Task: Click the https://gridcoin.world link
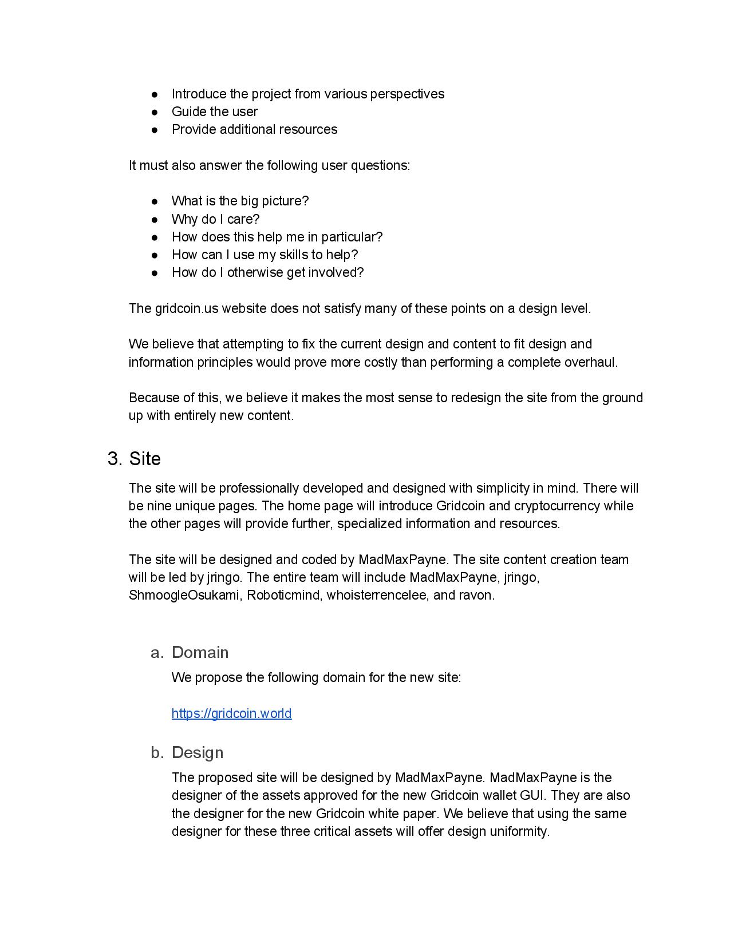coord(231,713)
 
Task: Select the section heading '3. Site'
coord(134,459)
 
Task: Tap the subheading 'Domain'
coord(200,652)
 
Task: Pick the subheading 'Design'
coord(197,752)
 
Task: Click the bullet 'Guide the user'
coord(214,112)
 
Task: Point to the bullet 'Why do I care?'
coord(215,219)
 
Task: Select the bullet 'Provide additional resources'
coord(254,129)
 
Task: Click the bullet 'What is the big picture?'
coord(240,201)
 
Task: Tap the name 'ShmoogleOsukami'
coord(184,595)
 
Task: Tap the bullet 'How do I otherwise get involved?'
coord(267,272)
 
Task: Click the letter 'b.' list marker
coord(157,752)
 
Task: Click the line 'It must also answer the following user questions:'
coord(269,165)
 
